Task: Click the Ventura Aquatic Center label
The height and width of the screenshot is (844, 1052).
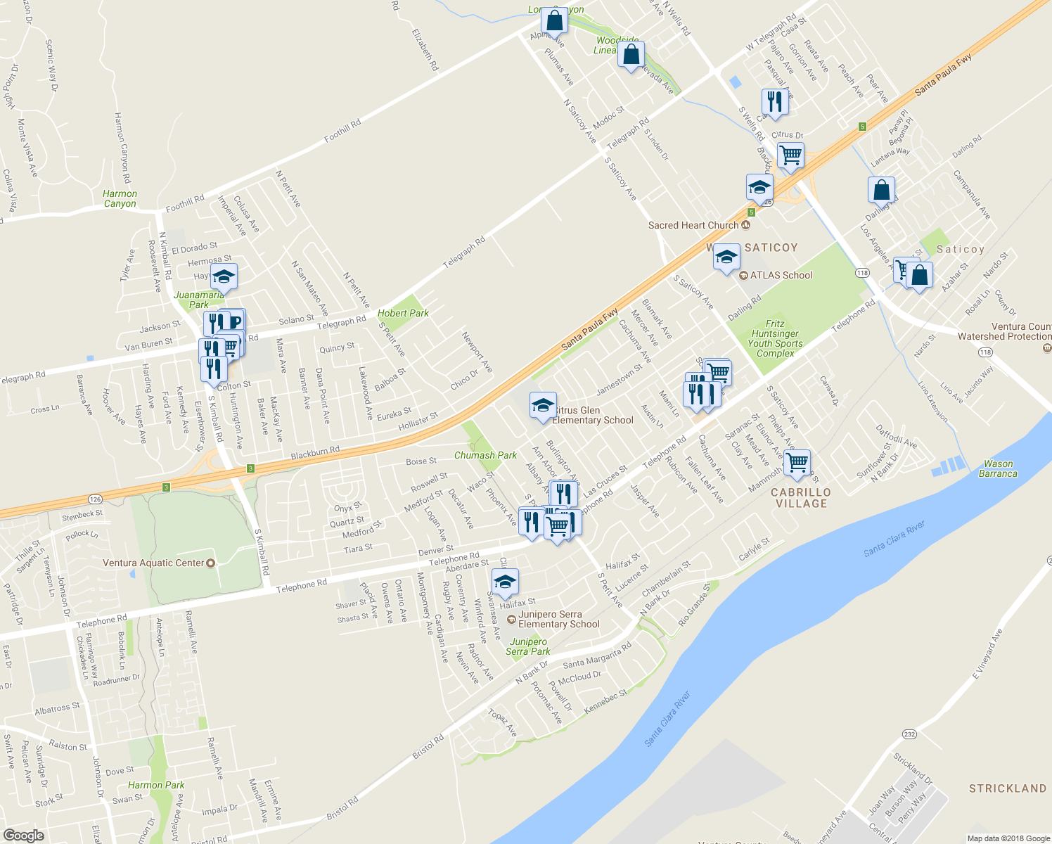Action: [153, 563]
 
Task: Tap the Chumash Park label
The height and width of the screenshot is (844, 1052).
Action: [485, 455]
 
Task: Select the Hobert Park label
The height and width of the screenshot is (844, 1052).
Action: [403, 313]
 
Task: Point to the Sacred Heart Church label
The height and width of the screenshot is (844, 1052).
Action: [693, 225]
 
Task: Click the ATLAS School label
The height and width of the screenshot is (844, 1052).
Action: [781, 275]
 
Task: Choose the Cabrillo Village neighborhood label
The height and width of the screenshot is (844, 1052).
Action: [801, 498]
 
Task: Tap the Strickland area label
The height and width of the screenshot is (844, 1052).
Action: [1008, 788]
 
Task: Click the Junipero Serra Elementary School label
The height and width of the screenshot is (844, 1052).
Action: [558, 619]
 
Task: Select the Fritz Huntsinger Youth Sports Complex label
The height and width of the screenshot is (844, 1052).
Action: [775, 338]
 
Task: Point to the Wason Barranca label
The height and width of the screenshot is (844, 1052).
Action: [998, 468]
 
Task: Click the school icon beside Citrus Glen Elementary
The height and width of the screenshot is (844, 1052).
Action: [542, 406]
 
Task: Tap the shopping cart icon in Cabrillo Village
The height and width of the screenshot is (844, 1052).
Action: [797, 463]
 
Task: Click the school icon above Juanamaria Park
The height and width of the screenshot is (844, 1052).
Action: [224, 276]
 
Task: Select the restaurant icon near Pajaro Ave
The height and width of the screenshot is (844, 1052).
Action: [774, 101]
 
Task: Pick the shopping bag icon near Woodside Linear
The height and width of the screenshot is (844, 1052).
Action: [631, 54]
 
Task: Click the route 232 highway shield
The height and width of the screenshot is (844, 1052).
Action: [909, 734]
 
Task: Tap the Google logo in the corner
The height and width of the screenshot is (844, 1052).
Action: [23, 835]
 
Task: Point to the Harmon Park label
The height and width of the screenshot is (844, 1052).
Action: [156, 785]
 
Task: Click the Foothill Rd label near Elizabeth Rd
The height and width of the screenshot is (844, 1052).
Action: [342, 132]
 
